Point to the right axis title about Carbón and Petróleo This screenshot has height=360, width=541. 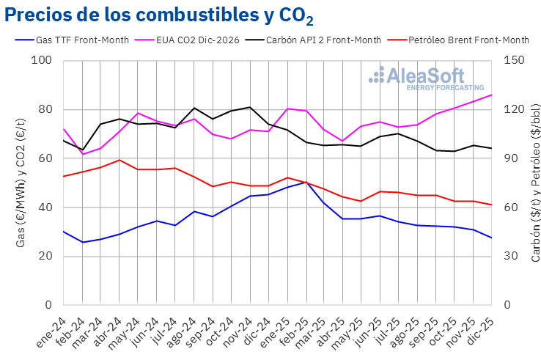536,183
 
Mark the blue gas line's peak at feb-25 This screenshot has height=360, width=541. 305,182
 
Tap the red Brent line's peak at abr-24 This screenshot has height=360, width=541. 119,160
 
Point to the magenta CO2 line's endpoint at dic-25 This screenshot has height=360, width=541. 491,95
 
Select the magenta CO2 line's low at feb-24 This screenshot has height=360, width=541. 82,154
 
